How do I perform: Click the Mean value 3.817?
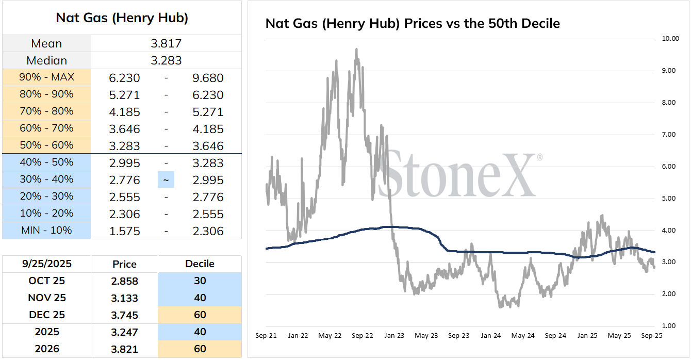166,43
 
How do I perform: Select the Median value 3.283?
166,60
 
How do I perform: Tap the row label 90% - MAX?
46,77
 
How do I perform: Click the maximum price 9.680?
208,78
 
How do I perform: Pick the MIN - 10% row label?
46,230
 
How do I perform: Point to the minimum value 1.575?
125,232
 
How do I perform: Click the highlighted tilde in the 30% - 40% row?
166,179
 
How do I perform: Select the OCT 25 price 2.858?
125,281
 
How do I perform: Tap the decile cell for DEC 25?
200,315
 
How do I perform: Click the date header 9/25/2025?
46,264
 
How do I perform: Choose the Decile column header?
200,264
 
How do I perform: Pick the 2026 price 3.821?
125,349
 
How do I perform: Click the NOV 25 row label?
46,298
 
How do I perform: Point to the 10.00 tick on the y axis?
670,39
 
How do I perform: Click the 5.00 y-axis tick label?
669,199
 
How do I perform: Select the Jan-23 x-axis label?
394,336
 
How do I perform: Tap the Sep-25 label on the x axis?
651,336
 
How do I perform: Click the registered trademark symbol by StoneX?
540,157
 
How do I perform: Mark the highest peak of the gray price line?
356,49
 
